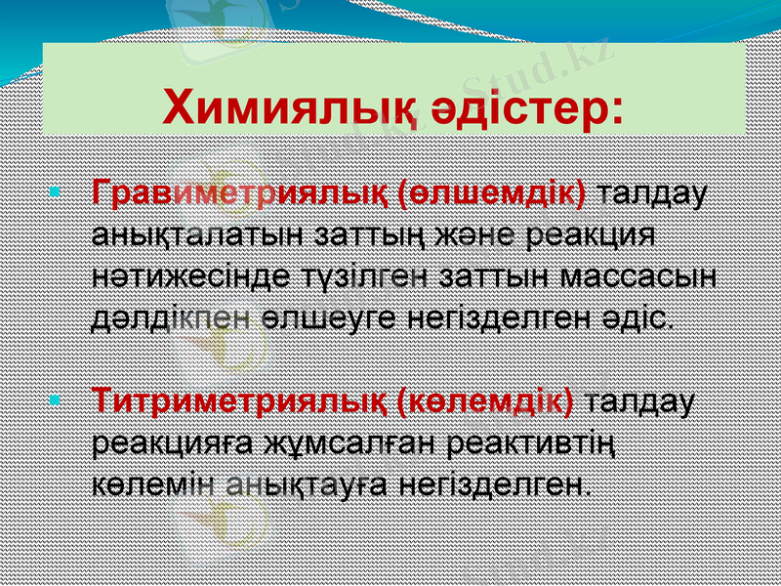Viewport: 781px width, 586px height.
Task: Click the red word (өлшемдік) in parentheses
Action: pyautogui.click(x=494, y=192)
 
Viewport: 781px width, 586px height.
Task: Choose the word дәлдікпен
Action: pyautogui.click(x=172, y=317)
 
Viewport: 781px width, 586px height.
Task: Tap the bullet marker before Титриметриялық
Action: pyautogui.click(x=54, y=399)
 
